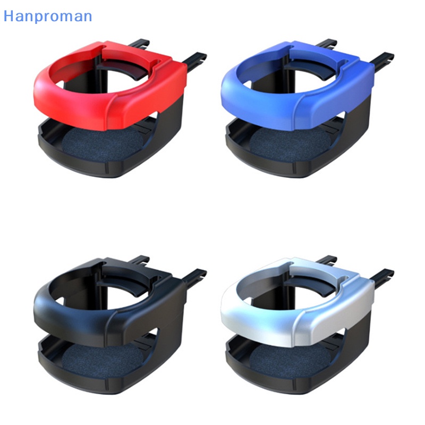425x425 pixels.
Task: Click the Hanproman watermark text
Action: (x=48, y=16)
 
